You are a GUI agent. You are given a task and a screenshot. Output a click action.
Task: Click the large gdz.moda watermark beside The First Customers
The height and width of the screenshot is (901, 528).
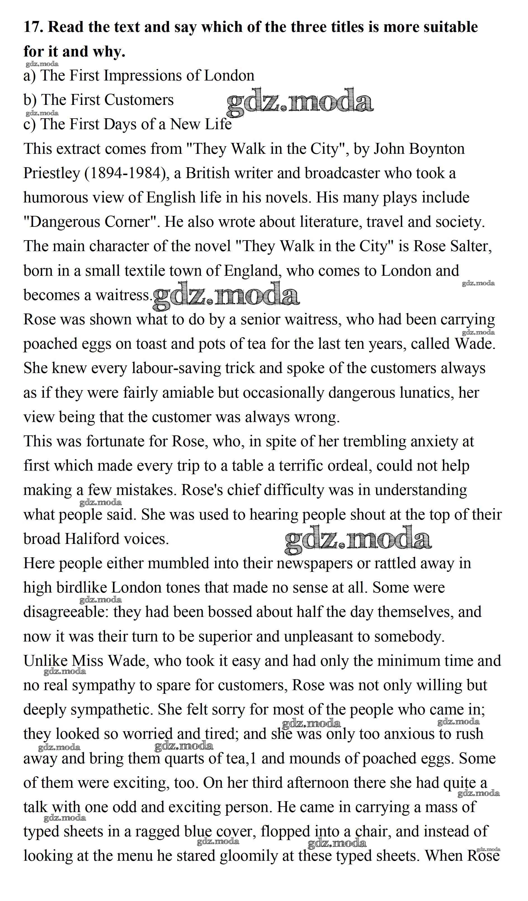(300, 102)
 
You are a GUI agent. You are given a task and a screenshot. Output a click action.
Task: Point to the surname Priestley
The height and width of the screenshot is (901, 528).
(51, 173)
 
